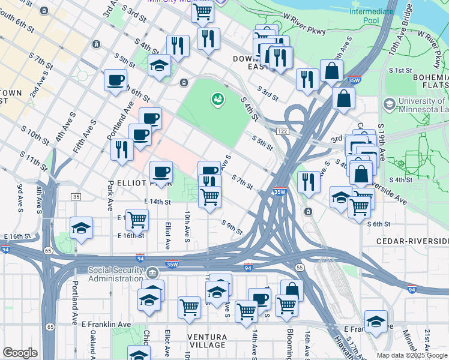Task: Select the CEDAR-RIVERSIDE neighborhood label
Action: pos(412,241)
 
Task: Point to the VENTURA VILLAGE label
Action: pos(208,340)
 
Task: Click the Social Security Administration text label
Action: pos(116,274)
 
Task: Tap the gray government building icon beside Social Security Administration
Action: pos(153,274)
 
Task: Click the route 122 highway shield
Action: pos(281,131)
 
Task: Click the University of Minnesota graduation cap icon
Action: pos(388,105)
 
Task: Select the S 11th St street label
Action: pos(32,160)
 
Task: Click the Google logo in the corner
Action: pos(20,353)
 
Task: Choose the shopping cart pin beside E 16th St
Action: pos(137,220)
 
